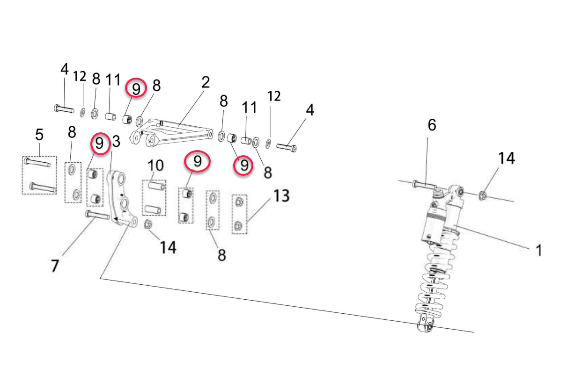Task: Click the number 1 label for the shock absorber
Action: coord(538,250)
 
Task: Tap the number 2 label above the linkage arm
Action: coord(205,83)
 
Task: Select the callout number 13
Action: coord(281,195)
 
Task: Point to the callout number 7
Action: coord(55,266)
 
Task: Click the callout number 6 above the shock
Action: coord(431,125)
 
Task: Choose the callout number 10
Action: coord(156,165)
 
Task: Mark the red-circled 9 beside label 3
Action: coord(99,144)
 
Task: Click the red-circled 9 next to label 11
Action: coord(136,88)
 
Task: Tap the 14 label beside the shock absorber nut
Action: coord(506,158)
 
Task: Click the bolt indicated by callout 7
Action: coord(97,216)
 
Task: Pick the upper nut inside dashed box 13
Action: coord(239,202)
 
